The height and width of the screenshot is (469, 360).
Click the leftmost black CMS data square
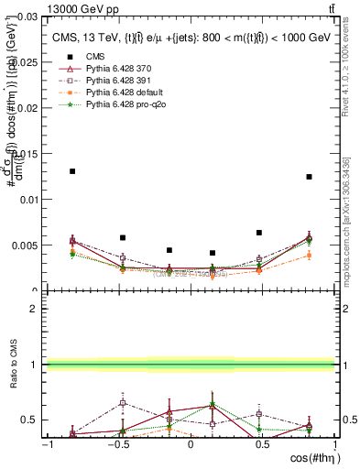point(72,171)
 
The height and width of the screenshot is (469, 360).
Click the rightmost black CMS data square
point(310,177)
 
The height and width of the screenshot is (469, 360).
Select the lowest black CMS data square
point(213,253)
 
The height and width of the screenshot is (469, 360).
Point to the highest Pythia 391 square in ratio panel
point(123,402)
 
